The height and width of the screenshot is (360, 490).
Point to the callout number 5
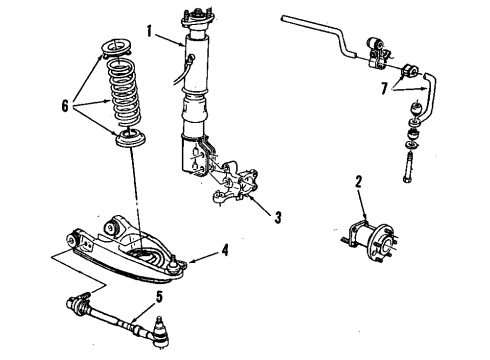(157, 295)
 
